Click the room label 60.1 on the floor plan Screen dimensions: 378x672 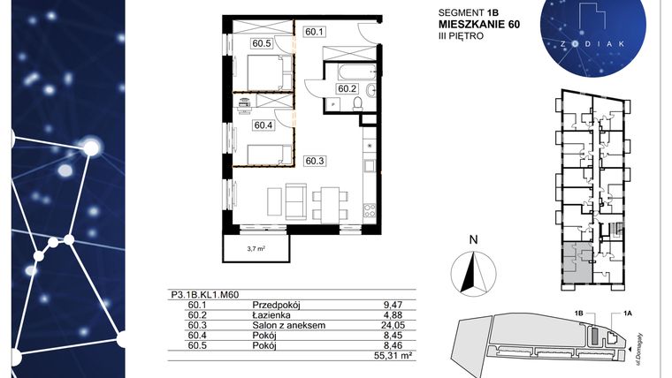click(x=315, y=33)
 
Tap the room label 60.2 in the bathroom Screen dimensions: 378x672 click(x=347, y=88)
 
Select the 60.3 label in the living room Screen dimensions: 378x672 click(x=315, y=161)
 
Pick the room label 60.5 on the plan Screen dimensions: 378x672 click(x=261, y=42)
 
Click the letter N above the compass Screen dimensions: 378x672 click(x=473, y=238)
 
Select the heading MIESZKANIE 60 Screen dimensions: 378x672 click(x=477, y=25)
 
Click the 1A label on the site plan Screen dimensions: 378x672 click(x=628, y=313)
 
